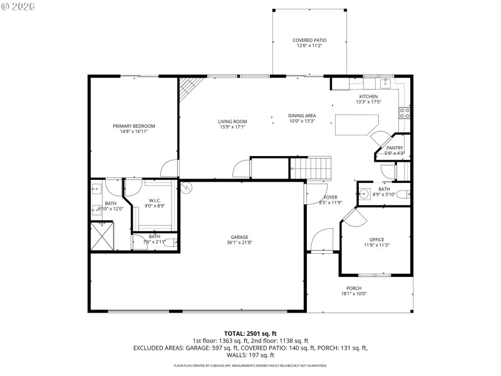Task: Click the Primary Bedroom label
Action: point(133,126)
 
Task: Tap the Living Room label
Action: point(232,122)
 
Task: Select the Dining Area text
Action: point(302,115)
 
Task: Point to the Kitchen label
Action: point(368,97)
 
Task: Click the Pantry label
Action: point(394,148)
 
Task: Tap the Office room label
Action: point(376,239)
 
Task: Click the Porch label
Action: point(354,288)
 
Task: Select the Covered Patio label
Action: point(309,40)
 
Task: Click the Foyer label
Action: point(330,197)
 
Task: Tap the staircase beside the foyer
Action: point(309,168)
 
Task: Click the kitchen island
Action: point(357,124)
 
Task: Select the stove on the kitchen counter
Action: point(405,113)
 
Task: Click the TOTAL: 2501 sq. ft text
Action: point(250,333)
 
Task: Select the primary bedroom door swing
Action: point(169,168)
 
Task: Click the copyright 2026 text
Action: point(19,6)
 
